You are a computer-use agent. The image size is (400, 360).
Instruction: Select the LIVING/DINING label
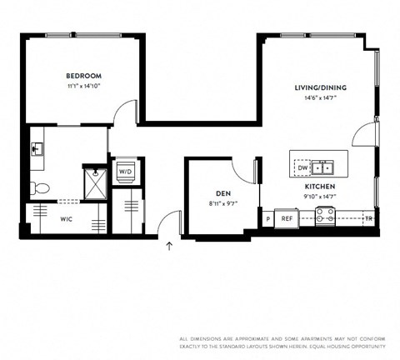[320, 87]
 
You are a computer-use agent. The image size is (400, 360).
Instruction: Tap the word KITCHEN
[320, 187]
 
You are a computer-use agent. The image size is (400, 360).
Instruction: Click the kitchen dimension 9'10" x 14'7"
[320, 197]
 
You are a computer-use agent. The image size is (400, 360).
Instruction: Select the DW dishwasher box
[302, 167]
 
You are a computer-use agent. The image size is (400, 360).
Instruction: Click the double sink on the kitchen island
[323, 167]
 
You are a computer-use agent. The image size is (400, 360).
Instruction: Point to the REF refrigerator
[287, 218]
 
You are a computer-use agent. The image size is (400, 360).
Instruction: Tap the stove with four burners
[325, 217]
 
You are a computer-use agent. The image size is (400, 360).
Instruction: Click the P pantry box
[268, 218]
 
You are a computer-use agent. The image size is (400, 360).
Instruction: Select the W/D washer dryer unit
[126, 172]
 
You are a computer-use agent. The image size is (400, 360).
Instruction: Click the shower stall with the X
[95, 182]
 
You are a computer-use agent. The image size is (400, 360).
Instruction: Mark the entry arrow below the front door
[170, 246]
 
